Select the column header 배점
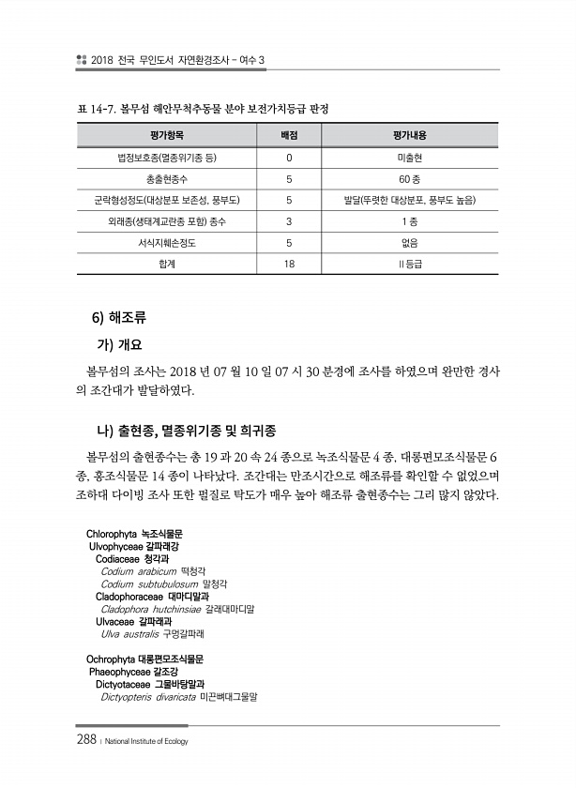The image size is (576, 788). pos(290,135)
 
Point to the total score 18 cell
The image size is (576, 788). pos(290,265)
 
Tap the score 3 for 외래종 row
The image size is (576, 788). pos(290,221)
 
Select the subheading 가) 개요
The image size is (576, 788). pos(128,343)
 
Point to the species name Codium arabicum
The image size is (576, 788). pos(139,570)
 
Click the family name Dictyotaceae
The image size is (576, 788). pos(129,684)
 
